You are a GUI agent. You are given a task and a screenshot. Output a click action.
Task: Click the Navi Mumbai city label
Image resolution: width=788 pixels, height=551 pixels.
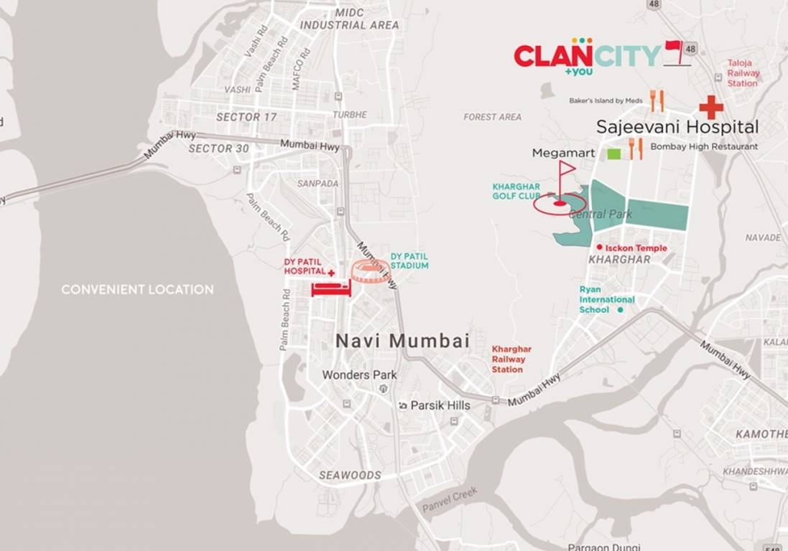click(x=402, y=342)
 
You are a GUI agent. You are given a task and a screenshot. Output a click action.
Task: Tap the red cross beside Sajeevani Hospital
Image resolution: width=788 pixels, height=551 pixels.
click(x=711, y=107)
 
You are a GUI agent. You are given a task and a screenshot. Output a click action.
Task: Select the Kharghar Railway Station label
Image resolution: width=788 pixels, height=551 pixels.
click(x=507, y=359)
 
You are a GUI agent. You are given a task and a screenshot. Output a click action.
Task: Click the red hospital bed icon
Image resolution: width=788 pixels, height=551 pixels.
click(x=330, y=288)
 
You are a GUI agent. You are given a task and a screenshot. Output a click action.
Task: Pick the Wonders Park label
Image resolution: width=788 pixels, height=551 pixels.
click(x=359, y=375)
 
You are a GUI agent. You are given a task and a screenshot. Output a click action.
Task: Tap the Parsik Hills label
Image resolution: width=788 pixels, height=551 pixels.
click(x=440, y=405)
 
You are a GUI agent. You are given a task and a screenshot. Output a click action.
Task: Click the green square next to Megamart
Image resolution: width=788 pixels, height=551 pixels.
click(x=614, y=154)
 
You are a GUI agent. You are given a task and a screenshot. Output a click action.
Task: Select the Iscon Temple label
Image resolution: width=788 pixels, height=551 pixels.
click(x=636, y=248)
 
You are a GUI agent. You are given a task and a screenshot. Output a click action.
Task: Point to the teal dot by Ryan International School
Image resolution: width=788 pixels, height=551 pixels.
click(x=621, y=310)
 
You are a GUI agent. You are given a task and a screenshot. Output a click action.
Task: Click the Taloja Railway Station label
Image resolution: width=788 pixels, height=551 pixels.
click(x=743, y=73)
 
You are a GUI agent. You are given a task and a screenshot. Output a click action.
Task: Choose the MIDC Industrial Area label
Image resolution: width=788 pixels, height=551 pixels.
click(x=349, y=19)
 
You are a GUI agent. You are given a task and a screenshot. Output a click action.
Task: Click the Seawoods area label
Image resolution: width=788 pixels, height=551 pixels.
click(x=350, y=476)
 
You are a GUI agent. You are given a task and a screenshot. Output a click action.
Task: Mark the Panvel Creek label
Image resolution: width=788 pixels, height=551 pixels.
click(x=450, y=499)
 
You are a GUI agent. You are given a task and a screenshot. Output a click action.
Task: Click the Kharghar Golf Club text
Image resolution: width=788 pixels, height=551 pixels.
click(x=516, y=191)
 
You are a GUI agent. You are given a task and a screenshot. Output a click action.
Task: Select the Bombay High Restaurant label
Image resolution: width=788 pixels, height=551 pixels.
click(x=704, y=146)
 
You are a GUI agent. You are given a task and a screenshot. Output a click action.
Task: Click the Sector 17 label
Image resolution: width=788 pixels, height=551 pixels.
click(x=246, y=117)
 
